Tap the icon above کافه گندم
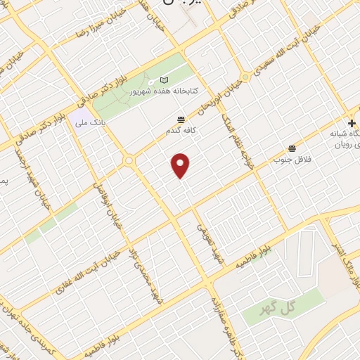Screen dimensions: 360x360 tap(181, 119)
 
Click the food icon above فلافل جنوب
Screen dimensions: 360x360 tap(292, 148)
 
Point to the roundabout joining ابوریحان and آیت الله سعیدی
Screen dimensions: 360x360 tap(245, 76)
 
